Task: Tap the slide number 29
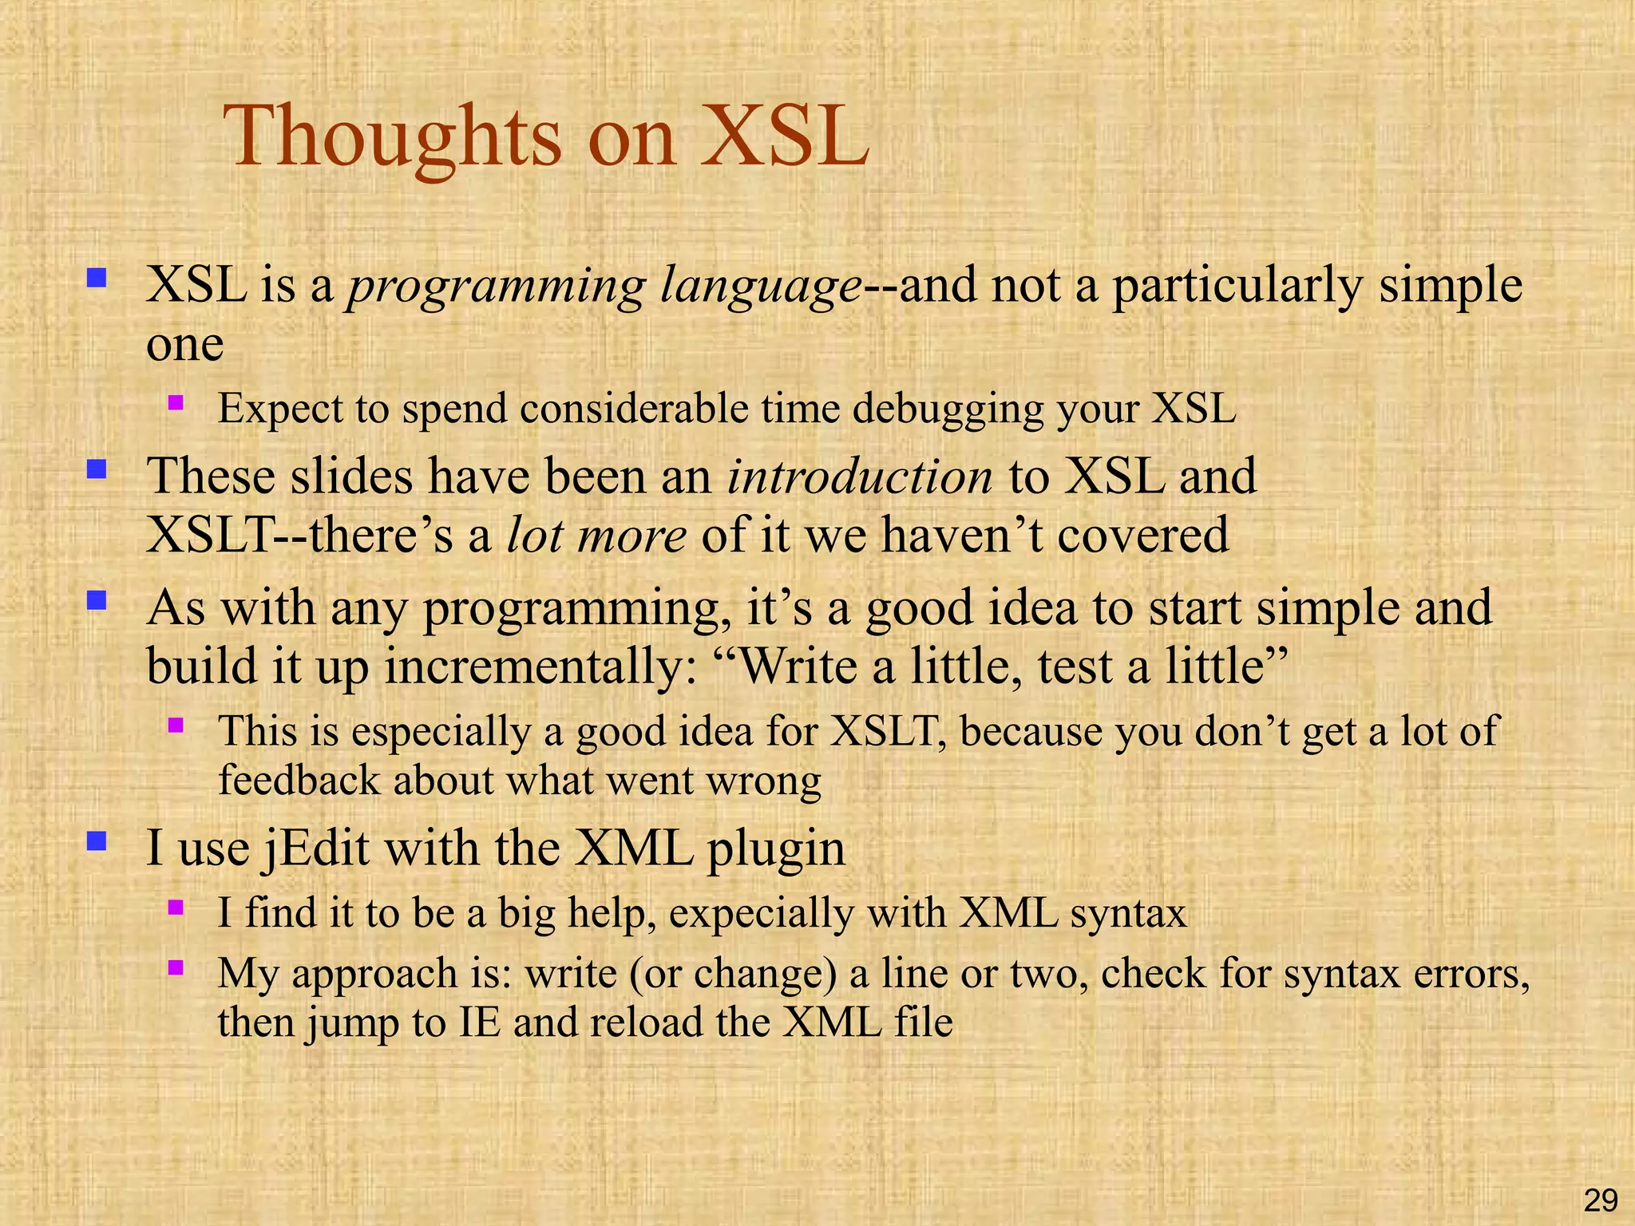click(x=1600, y=1200)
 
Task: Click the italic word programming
click(x=496, y=286)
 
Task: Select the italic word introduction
click(x=860, y=476)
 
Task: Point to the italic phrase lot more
click(x=596, y=535)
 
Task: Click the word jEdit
click(x=316, y=848)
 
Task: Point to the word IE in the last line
click(x=480, y=1022)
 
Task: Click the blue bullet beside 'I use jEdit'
click(x=97, y=840)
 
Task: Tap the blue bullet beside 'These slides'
click(x=97, y=469)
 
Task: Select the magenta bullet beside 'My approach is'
click(x=176, y=968)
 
